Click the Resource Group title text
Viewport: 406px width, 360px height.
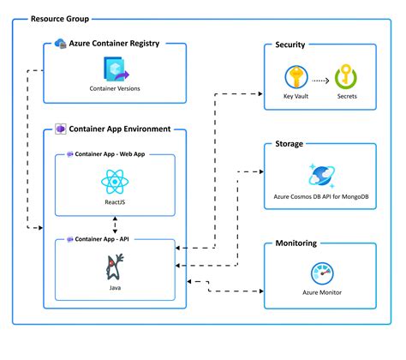point(59,19)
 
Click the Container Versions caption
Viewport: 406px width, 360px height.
point(115,88)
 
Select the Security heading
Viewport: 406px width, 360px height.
point(290,45)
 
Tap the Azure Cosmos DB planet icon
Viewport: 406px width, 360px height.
point(320,176)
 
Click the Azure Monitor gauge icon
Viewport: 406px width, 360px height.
point(320,274)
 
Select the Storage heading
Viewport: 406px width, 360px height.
point(290,144)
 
